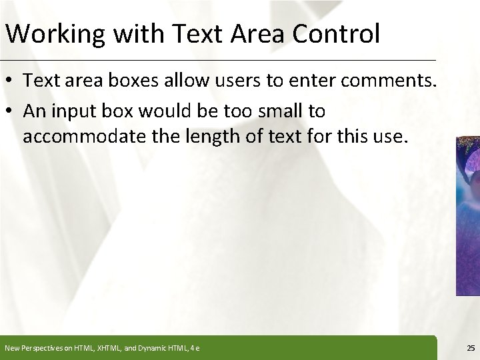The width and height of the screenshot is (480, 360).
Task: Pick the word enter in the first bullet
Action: click(303, 83)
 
